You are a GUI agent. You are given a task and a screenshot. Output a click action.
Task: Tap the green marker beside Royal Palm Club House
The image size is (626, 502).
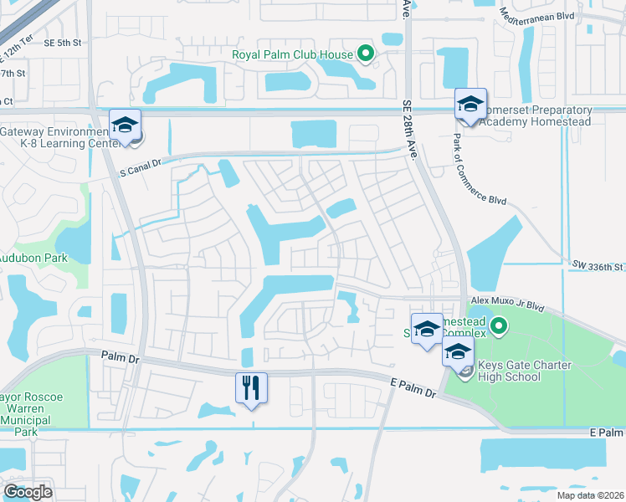pyautogui.click(x=365, y=55)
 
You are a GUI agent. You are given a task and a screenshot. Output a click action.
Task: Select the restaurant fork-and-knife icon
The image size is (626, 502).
pyautogui.click(x=251, y=388)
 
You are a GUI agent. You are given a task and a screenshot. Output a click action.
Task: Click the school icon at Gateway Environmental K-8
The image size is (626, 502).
pyautogui.click(x=126, y=125)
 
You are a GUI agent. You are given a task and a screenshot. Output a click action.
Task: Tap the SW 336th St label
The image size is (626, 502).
pyautogui.click(x=598, y=266)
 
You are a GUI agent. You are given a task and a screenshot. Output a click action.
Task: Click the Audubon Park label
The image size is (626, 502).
pyautogui.click(x=33, y=259)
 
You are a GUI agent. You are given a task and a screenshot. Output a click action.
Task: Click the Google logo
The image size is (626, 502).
pyautogui.click(x=28, y=492)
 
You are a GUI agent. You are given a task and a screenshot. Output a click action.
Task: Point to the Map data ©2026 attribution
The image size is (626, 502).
pyautogui.click(x=590, y=495)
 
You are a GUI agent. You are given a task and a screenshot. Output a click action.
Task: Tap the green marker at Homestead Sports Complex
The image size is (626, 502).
pyautogui.click(x=499, y=325)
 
